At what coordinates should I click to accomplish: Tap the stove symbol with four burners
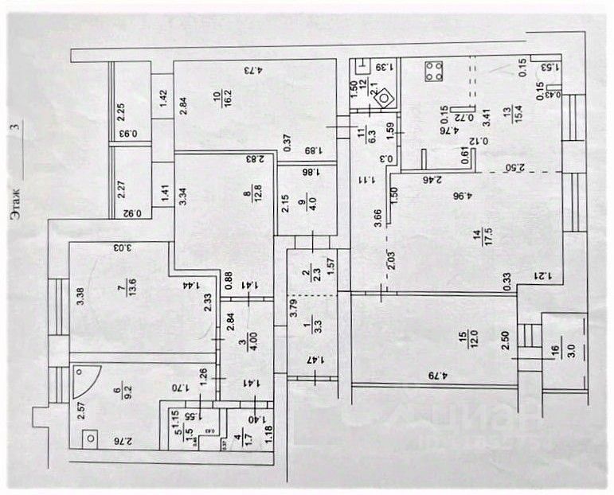[x=434, y=72]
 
